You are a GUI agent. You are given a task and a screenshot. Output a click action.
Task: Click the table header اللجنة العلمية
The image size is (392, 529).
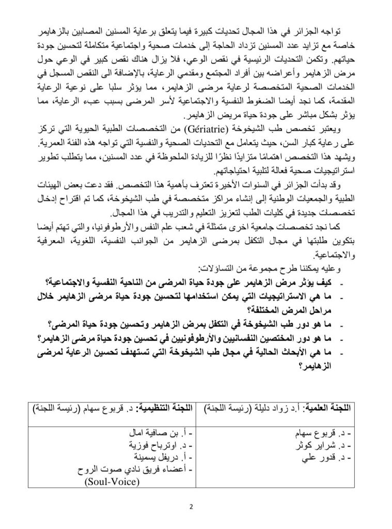(331, 408)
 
